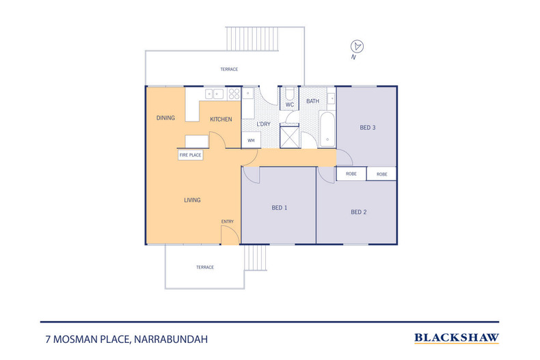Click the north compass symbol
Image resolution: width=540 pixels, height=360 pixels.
point(356,46)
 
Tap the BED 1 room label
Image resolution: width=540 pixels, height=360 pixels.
point(280,208)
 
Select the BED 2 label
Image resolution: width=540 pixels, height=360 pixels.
point(359,212)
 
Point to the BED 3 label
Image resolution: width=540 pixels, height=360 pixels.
point(368,127)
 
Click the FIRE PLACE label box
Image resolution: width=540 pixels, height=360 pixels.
point(190,155)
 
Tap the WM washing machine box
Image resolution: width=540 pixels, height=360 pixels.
point(251,140)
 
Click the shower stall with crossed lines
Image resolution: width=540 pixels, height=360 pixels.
point(290,136)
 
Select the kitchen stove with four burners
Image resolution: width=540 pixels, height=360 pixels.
point(234,94)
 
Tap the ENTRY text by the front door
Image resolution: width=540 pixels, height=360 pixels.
point(227,221)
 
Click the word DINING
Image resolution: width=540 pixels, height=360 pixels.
point(165,118)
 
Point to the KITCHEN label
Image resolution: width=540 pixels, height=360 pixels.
point(221,120)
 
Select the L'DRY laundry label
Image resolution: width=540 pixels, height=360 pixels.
point(264,123)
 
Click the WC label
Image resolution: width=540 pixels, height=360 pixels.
point(289,105)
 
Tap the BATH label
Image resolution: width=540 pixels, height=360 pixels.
point(312,101)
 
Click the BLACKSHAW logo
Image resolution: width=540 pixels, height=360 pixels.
point(457,337)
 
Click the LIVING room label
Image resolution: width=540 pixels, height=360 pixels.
point(192,200)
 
